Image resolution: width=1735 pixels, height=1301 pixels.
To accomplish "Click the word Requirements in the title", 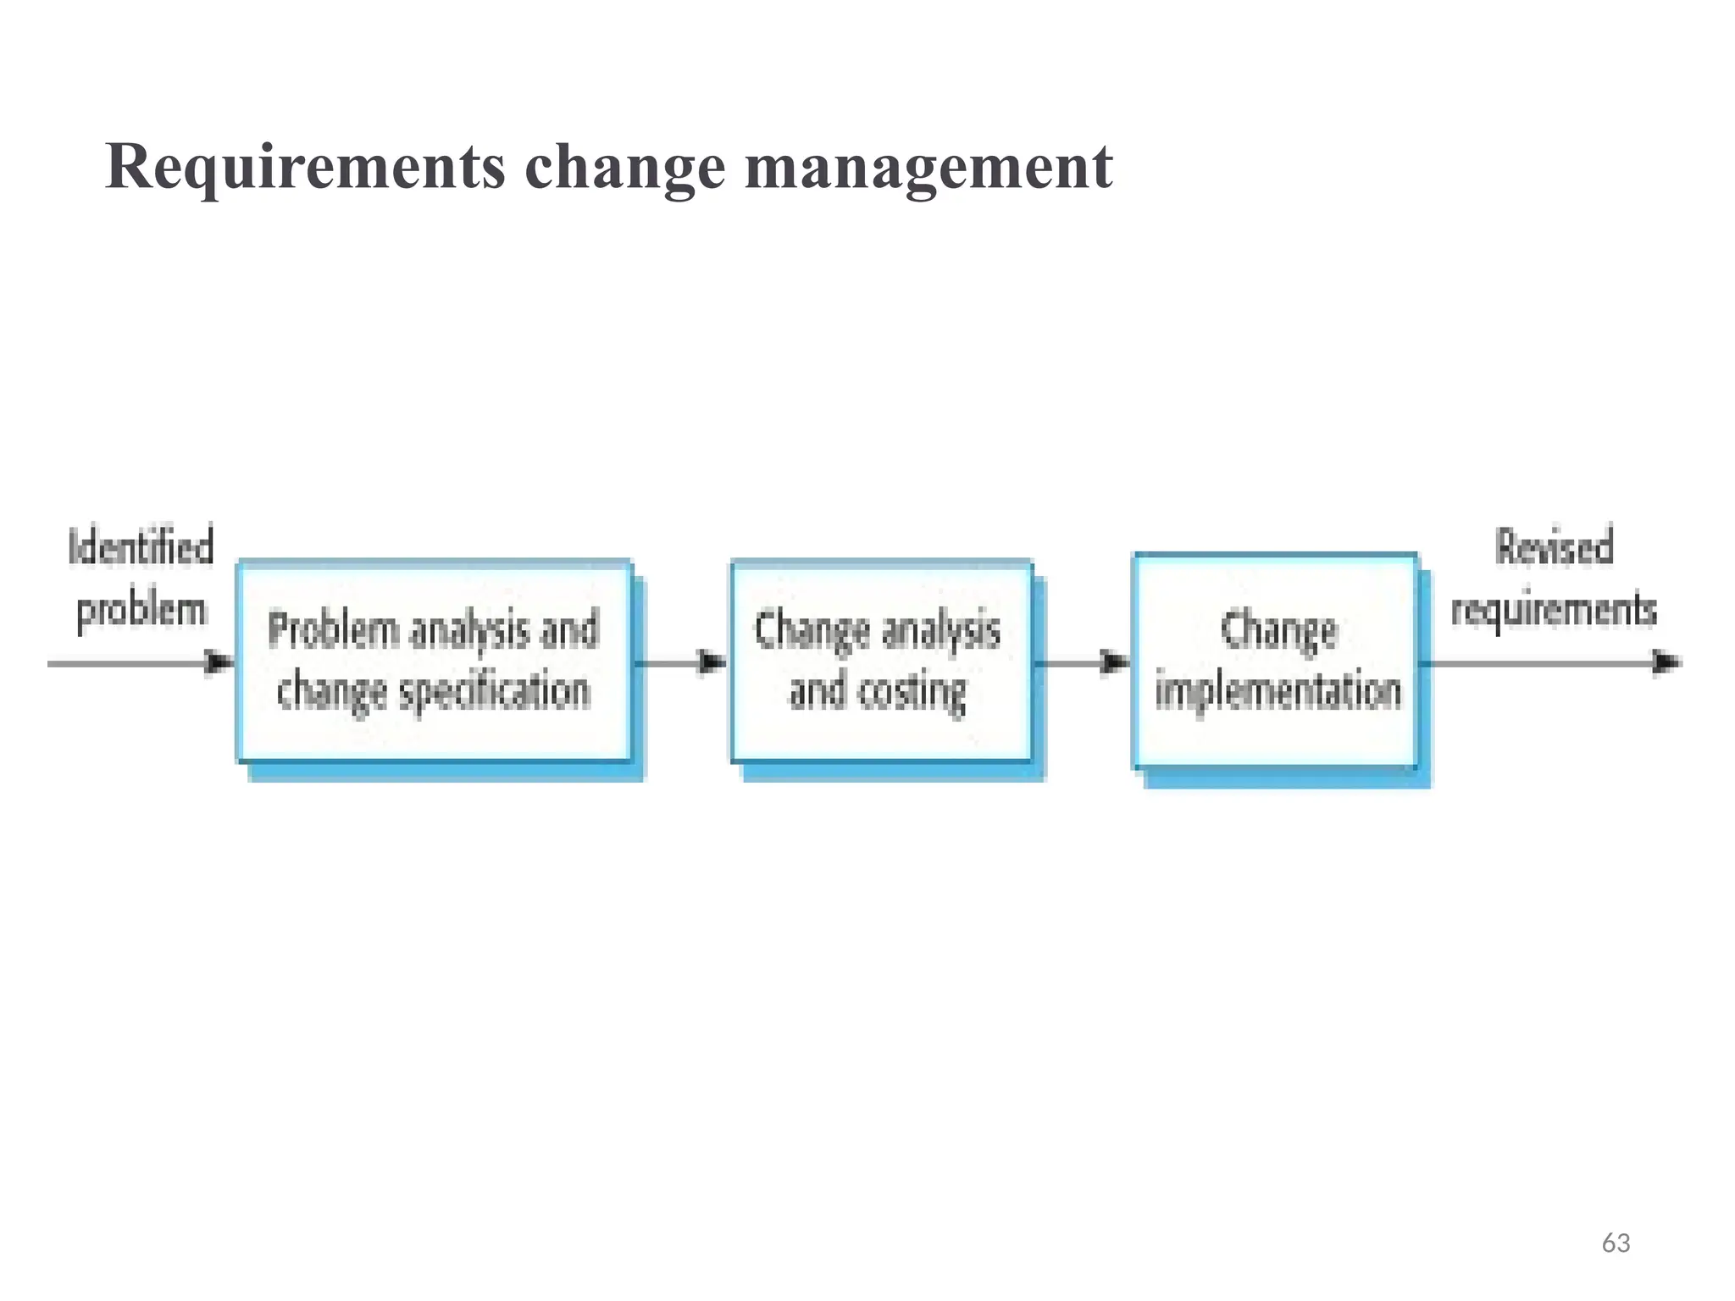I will click(305, 167).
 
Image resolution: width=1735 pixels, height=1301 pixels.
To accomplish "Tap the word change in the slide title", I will click(625, 167).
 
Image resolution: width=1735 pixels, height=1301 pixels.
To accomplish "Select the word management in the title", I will click(928, 167).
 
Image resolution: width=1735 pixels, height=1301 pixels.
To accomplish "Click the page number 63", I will click(1616, 1243).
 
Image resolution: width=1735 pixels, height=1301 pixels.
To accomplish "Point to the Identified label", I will click(141, 546).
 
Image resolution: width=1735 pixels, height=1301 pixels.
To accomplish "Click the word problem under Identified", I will click(141, 610).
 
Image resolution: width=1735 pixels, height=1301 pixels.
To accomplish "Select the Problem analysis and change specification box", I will click(434, 661).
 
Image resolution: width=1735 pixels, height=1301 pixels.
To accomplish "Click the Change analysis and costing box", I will click(881, 661).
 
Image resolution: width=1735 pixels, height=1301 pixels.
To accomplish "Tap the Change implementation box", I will click(1276, 661).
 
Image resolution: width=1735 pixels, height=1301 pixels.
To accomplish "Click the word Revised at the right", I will click(1554, 546).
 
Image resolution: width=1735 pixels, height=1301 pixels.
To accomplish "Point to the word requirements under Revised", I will click(1554, 610).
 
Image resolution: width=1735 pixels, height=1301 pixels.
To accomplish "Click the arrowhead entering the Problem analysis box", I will click(220, 662).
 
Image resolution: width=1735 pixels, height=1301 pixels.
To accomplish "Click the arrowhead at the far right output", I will click(1667, 662).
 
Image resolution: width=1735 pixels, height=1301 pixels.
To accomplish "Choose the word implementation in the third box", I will click(1278, 691).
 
